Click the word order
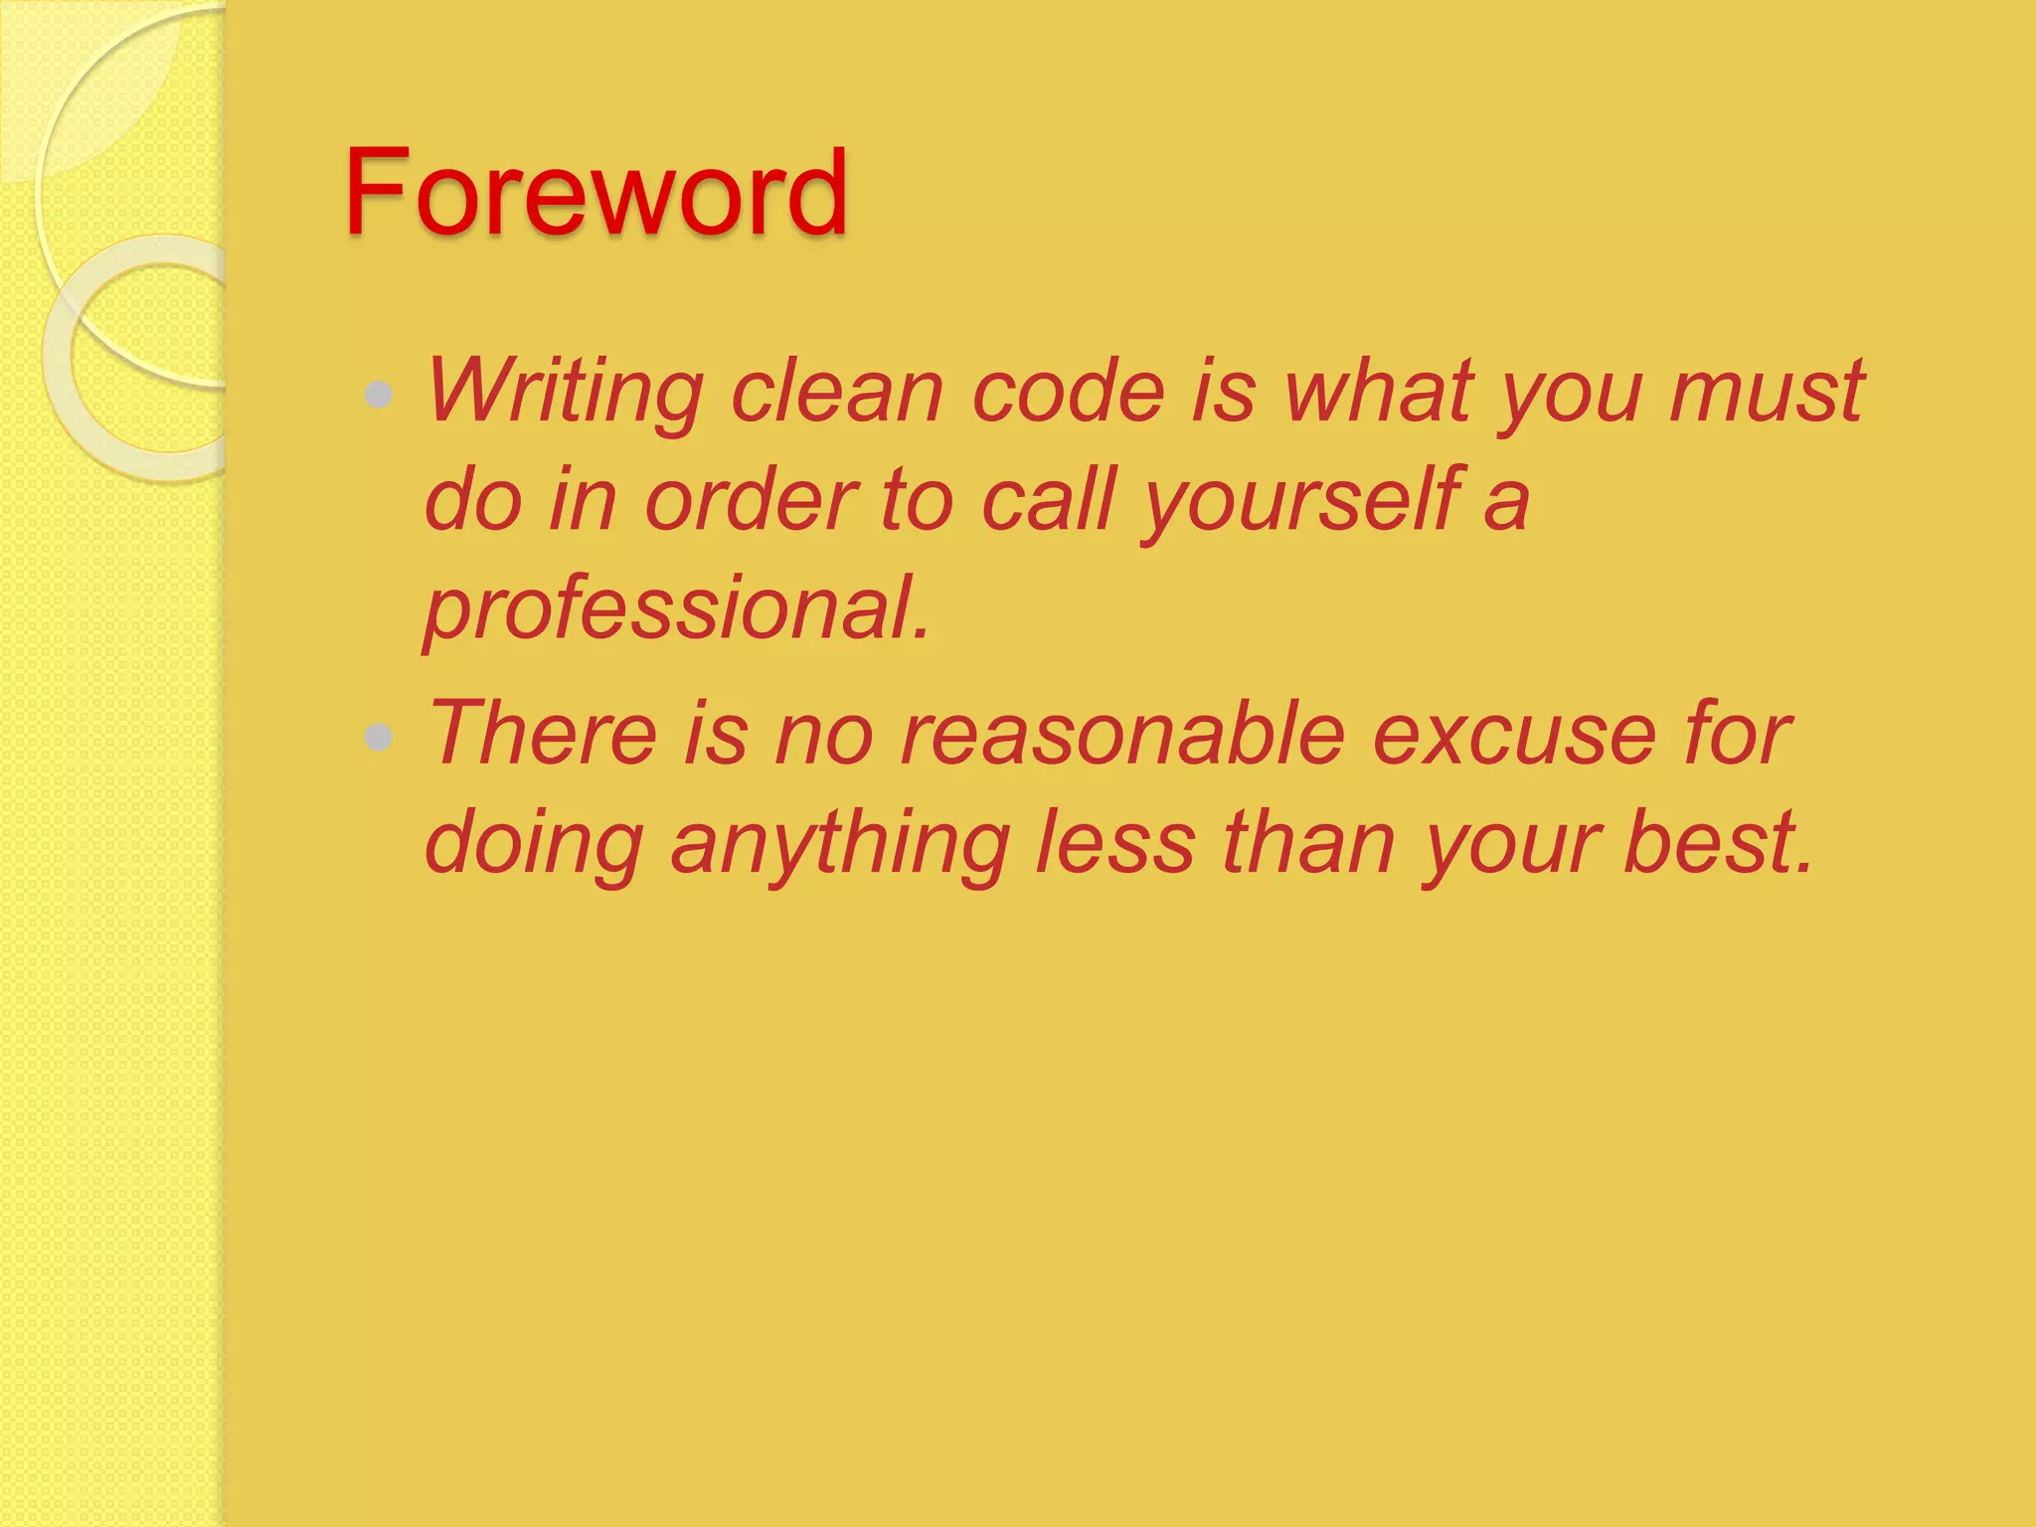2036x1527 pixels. pos(751,500)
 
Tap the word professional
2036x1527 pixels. pos(676,609)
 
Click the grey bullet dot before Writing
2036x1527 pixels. pos(379,395)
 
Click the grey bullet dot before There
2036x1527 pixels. pos(379,737)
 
